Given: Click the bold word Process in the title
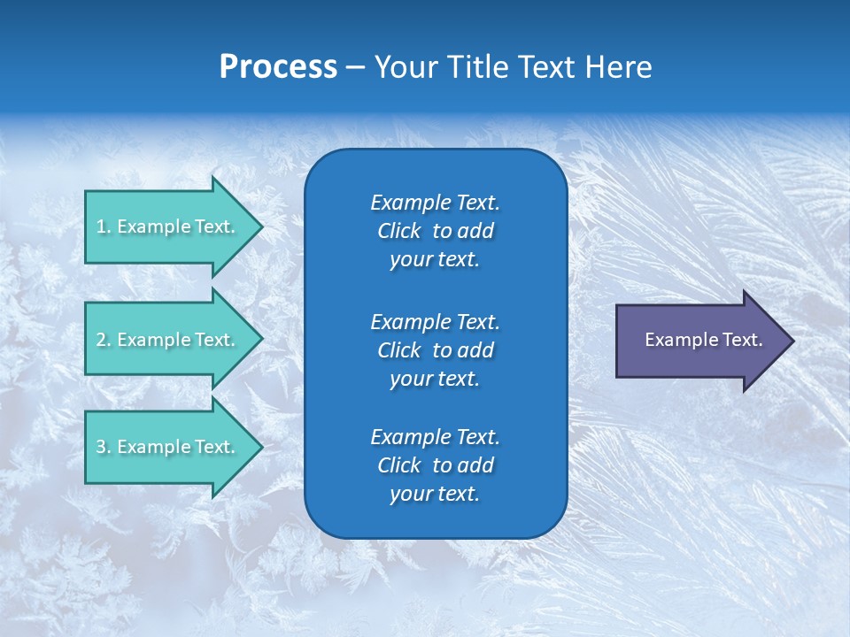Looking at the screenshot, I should coord(278,67).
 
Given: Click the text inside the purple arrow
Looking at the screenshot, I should coord(703,340).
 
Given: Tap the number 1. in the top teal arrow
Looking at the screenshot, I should coord(103,226).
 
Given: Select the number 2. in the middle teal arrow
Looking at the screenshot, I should coord(103,340).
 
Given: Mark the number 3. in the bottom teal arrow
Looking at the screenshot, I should coord(103,447).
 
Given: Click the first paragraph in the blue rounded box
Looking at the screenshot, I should coord(435,231).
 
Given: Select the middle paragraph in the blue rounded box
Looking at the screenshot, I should coord(435,350).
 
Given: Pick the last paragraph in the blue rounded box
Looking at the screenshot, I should coord(435,465).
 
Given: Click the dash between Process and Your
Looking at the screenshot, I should coord(355,67).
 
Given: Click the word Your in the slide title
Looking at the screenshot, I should coord(404,67).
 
